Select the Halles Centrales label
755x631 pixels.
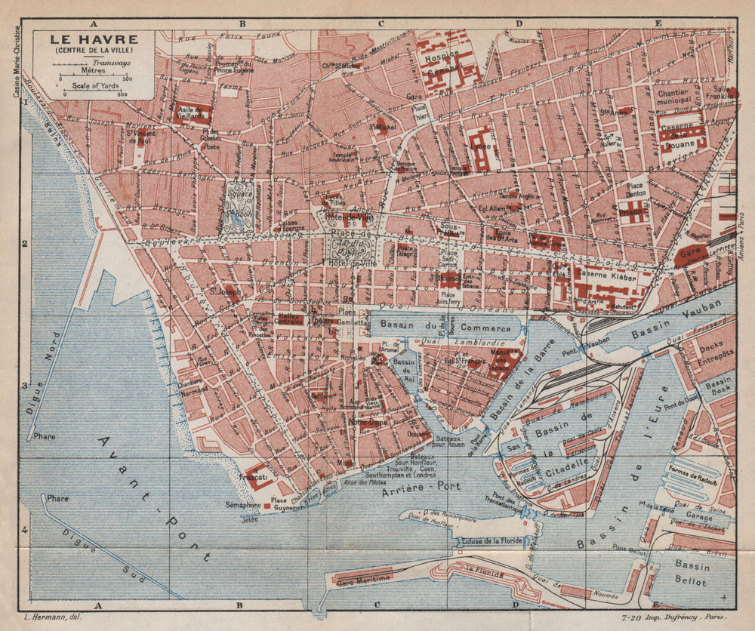tap(280, 319)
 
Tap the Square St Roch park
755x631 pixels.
tap(239, 206)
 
